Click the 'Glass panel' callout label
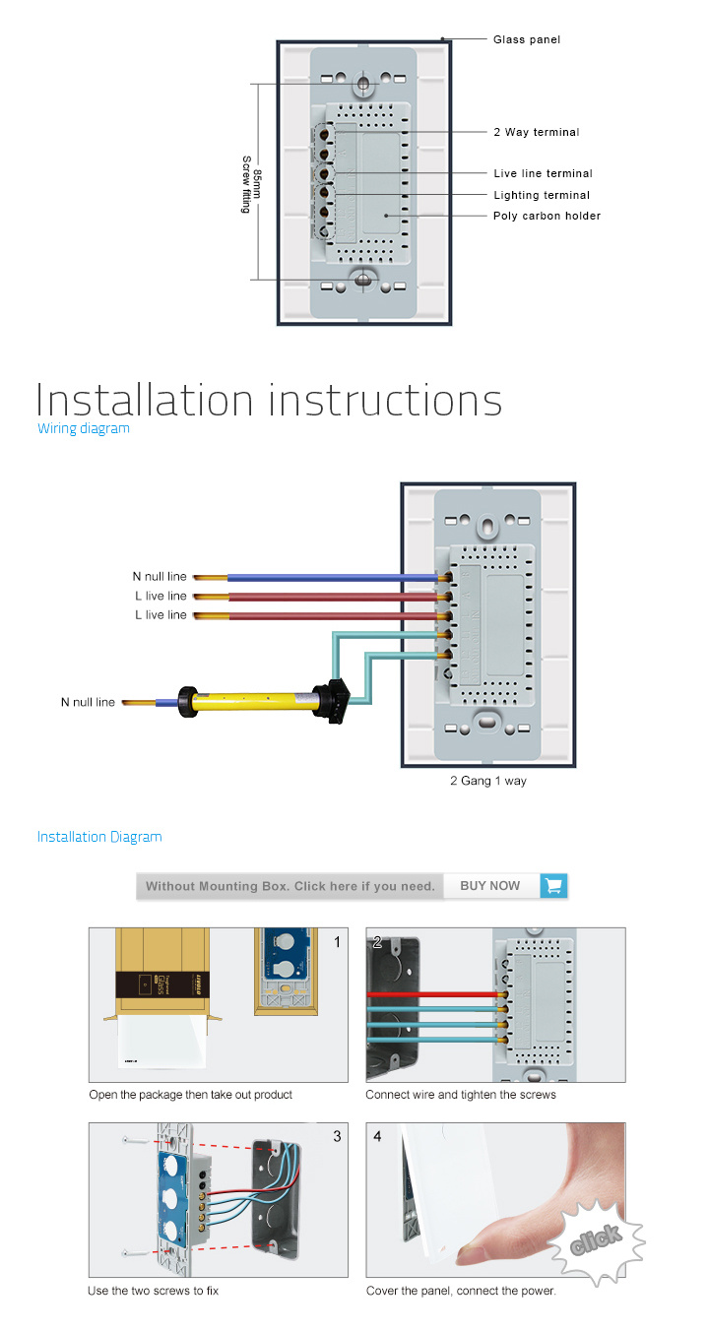[527, 40]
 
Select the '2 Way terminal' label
[536, 132]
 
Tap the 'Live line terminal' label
[543, 174]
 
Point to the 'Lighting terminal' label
[542, 195]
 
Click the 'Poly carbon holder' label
[547, 216]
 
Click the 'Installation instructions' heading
[269, 400]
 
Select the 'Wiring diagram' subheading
[84, 428]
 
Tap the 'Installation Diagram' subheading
[99, 837]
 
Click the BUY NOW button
[490, 886]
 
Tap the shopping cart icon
[554, 886]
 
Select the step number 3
[337, 1136]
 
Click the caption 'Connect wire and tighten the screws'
[461, 1095]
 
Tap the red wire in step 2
[433, 994]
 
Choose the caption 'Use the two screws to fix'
[153, 1291]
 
